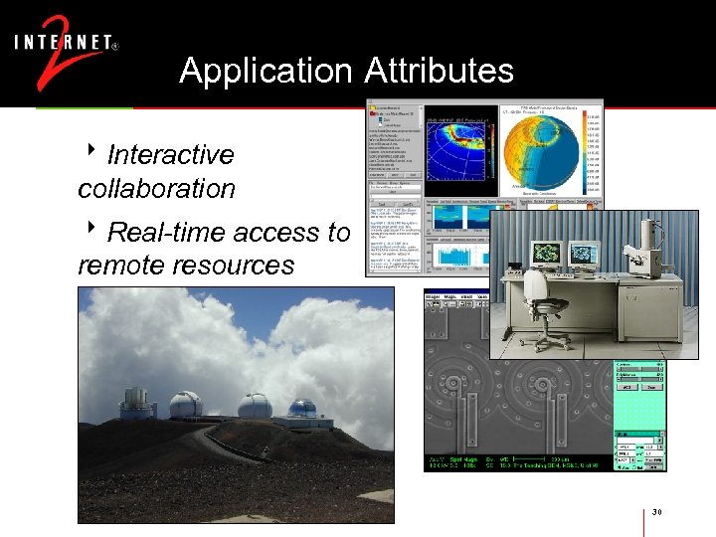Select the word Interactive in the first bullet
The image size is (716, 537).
coord(170,155)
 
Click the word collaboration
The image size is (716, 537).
coord(156,188)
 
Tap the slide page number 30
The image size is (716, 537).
coord(656,512)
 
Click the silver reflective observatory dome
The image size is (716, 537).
coord(301,409)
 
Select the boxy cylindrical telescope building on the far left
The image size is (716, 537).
coord(137,403)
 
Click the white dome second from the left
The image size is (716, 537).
coord(185,405)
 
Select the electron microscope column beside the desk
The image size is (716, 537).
coord(646,249)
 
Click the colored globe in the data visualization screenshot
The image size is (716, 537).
coord(538,150)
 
